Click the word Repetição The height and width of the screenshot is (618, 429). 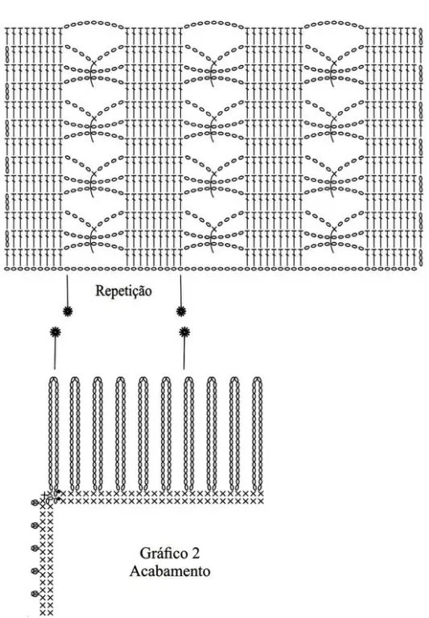[x=123, y=291]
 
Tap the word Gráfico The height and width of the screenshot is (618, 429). [x=163, y=554]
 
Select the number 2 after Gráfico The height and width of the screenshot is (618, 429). [x=196, y=554]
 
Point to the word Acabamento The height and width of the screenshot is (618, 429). [x=170, y=571]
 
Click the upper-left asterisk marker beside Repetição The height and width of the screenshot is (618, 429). [x=68, y=311]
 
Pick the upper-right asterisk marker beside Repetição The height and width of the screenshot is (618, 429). [x=181, y=311]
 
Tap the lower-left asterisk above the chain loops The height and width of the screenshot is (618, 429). [x=56, y=332]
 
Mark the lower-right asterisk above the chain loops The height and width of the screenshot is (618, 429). [x=184, y=332]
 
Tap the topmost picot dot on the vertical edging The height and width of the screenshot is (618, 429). [x=35, y=502]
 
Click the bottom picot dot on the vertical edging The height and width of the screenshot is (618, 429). [x=35, y=594]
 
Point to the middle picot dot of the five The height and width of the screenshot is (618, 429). [x=35, y=548]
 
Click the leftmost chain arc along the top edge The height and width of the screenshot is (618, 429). [x=94, y=23]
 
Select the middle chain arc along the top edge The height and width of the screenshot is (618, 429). [x=214, y=23]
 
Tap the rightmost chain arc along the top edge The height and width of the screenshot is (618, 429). [x=334, y=23]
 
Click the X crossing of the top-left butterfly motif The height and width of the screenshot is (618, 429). [x=93, y=63]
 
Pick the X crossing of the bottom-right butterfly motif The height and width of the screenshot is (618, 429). [x=334, y=229]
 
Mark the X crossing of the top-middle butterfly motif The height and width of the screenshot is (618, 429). [x=214, y=63]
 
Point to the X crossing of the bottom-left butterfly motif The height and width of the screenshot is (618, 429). [x=93, y=229]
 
